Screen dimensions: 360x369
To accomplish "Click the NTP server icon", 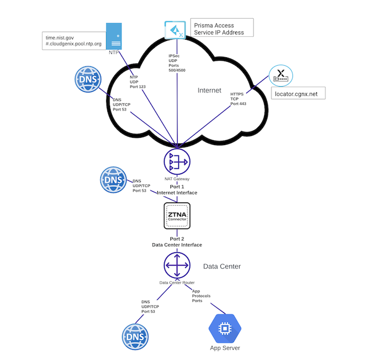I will tap(115, 36).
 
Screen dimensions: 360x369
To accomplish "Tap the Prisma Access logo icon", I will tap(174, 29).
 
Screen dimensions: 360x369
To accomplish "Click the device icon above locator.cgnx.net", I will tap(279, 74).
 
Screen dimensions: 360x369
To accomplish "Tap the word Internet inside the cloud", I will tap(209, 90).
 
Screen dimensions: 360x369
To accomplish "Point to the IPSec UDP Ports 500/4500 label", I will tap(177, 63).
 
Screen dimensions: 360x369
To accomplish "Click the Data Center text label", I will tap(222, 266).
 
